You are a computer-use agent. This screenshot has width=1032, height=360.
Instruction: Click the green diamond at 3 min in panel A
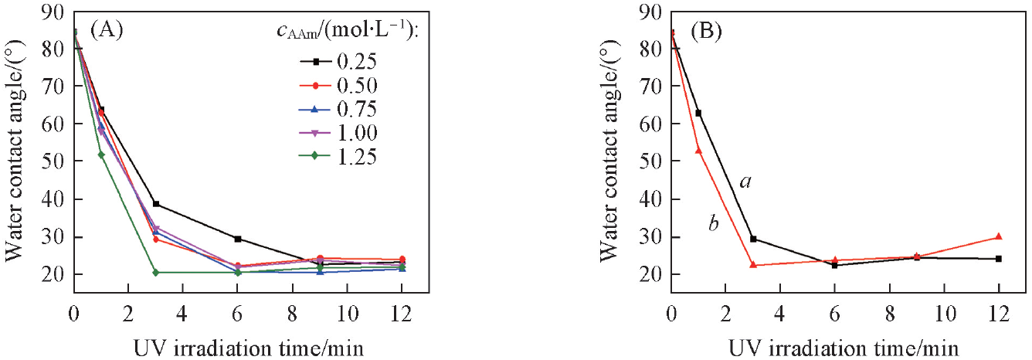pyautogui.click(x=156, y=273)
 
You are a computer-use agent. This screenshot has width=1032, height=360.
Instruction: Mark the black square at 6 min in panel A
pyautogui.click(x=238, y=239)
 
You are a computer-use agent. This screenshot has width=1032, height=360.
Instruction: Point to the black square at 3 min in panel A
pyautogui.click(x=156, y=204)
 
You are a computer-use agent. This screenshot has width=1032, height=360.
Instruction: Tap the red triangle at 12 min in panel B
pyautogui.click(x=998, y=236)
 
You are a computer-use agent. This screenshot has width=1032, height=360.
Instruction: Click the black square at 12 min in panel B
pyautogui.click(x=998, y=259)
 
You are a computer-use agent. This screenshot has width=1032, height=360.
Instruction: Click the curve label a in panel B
pyautogui.click(x=745, y=182)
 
